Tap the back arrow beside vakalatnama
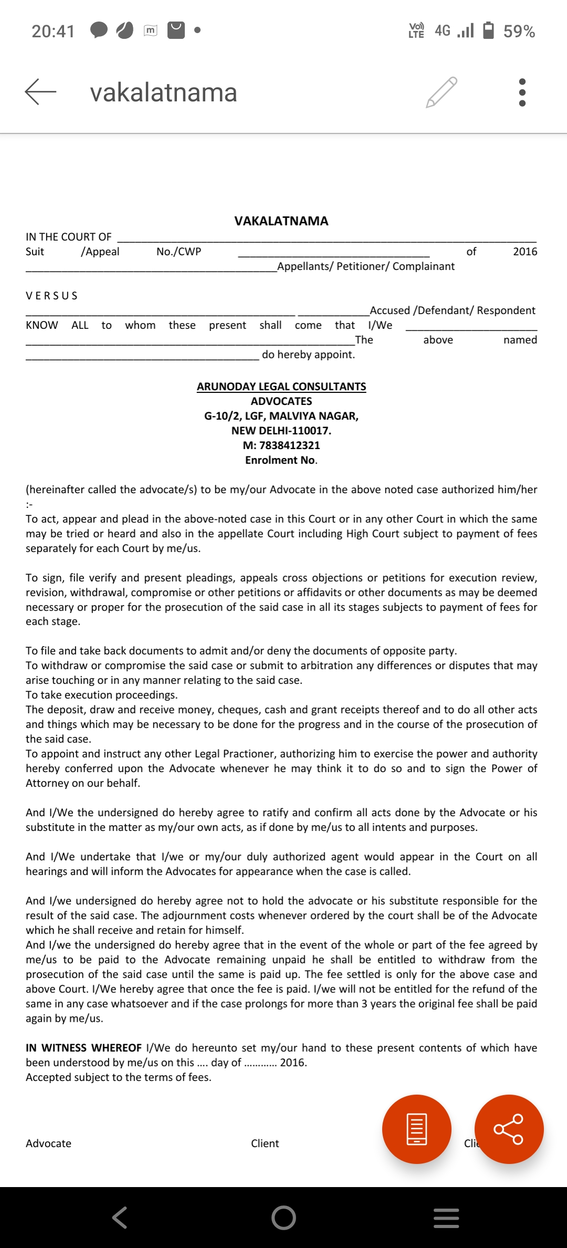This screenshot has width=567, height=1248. point(40,92)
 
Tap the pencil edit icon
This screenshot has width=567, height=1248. point(442,92)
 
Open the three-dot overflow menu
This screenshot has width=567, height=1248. point(522,92)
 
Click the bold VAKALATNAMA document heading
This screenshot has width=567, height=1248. point(281,221)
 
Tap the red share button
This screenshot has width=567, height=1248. point(509,1129)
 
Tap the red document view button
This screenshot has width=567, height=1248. point(417,1129)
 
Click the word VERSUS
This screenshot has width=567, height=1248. point(52,296)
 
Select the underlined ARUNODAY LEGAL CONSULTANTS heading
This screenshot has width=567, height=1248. point(281,387)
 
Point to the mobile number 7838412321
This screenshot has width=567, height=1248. point(289,445)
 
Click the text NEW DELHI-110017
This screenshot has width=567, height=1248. point(281,431)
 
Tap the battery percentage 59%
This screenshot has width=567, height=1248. point(519,32)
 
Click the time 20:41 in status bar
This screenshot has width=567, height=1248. point(53,32)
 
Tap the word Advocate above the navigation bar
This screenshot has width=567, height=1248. point(49,1143)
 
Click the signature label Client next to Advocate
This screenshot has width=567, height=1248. point(265,1143)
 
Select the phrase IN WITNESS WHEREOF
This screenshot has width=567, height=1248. point(84,1048)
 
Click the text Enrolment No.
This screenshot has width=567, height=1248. point(281,460)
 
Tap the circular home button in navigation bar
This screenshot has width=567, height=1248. point(283,1218)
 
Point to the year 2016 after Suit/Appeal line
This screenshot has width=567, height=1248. point(525,252)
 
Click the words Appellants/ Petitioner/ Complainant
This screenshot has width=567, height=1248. point(366,266)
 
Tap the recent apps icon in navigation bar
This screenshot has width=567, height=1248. point(446,1218)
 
